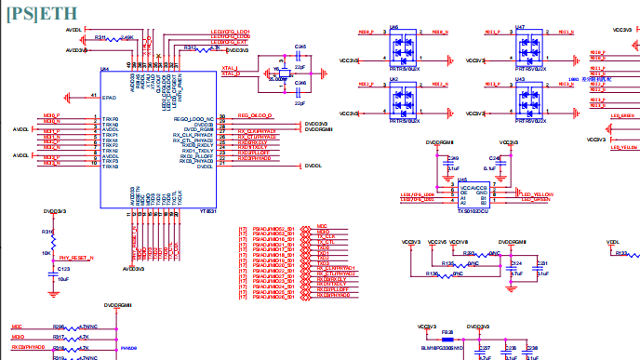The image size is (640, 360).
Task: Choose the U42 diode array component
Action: coord(401,96)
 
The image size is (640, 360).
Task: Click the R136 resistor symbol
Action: coord(454,274)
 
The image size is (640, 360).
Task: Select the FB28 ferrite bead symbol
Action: coord(448,338)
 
